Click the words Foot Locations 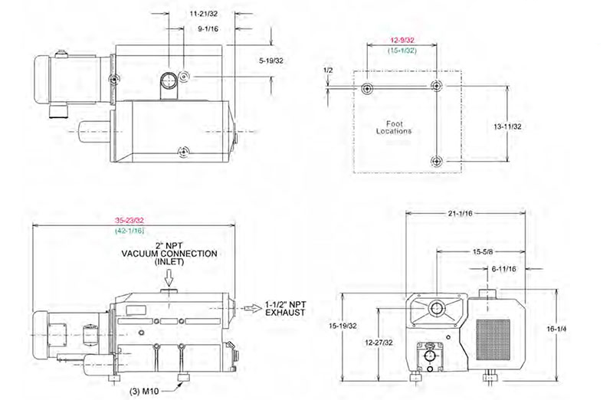click(x=394, y=126)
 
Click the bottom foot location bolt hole click(x=437, y=159)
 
